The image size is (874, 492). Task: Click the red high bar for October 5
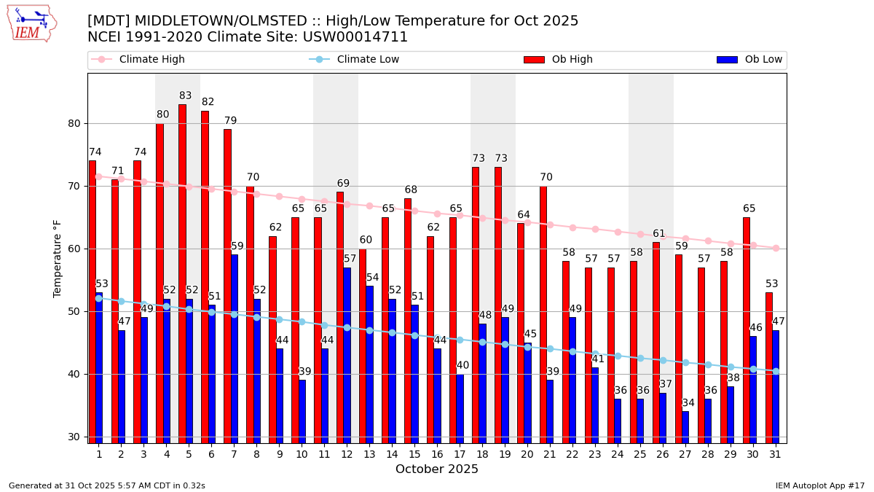point(182,273)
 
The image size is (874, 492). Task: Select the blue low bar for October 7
point(235,348)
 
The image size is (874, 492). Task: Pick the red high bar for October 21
point(543,314)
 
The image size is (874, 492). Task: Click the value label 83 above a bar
point(186,96)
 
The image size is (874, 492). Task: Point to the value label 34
point(688,403)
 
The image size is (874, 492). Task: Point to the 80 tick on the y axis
point(74,123)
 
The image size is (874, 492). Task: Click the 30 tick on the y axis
point(74,437)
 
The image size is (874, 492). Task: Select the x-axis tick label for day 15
point(414,453)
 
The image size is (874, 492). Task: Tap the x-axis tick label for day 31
point(775,453)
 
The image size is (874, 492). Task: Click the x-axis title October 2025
point(437,469)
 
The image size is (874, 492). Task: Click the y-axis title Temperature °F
point(58,258)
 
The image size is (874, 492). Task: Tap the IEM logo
point(31,23)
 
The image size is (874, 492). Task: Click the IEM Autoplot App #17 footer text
point(820,485)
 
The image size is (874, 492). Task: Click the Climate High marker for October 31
point(776,248)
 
